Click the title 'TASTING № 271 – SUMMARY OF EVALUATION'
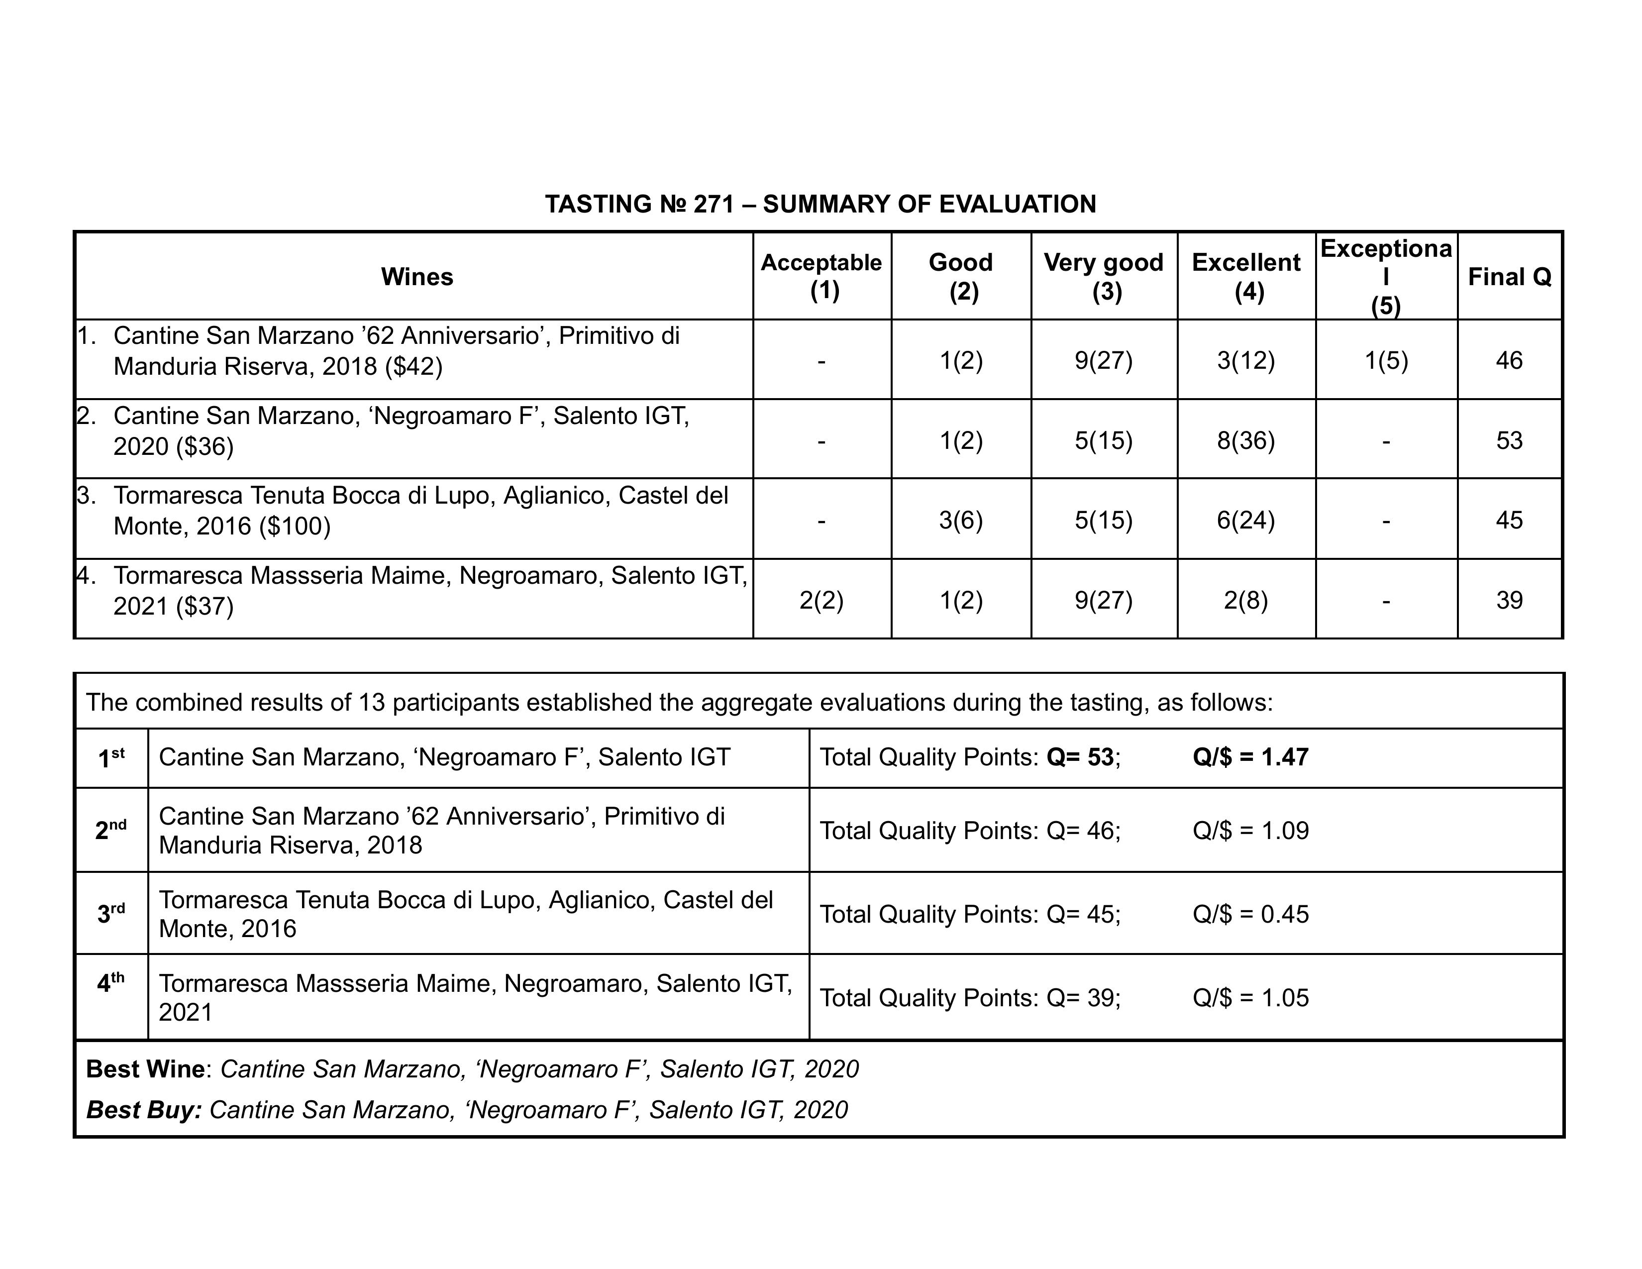pyautogui.click(x=820, y=204)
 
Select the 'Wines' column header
pyautogui.click(x=416, y=277)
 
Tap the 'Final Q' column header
pyautogui.click(x=1509, y=277)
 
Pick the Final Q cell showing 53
pyautogui.click(x=1509, y=440)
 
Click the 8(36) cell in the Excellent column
pyautogui.click(x=1246, y=440)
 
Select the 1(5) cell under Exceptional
pyautogui.click(x=1386, y=360)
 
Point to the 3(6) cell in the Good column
pyautogui.click(x=961, y=520)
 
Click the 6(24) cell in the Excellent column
pyautogui.click(x=1246, y=520)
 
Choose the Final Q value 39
pyautogui.click(x=1509, y=600)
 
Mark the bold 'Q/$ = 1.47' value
pyautogui.click(x=1250, y=756)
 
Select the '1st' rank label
pyautogui.click(x=111, y=758)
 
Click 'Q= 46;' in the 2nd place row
pyautogui.click(x=1083, y=830)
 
